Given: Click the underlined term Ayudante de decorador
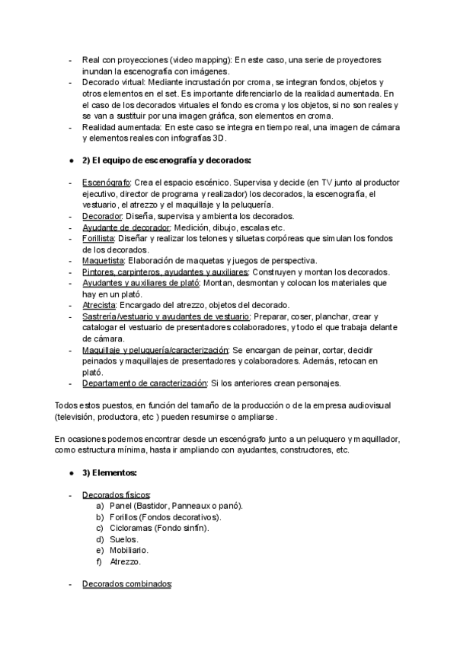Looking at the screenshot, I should tap(126, 227).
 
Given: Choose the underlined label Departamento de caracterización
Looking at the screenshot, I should tap(145, 383).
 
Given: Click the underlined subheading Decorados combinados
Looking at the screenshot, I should tap(127, 584).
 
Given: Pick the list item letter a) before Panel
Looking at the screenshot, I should tap(100, 506).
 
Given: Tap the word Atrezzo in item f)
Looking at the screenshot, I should tap(126, 561).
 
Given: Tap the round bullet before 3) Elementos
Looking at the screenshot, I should tap(71, 472).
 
